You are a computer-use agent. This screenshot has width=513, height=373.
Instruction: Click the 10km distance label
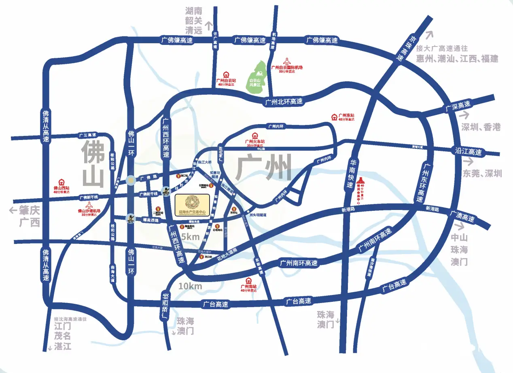[x=190, y=286]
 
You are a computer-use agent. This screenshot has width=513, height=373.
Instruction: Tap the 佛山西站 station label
[x=61, y=188]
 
